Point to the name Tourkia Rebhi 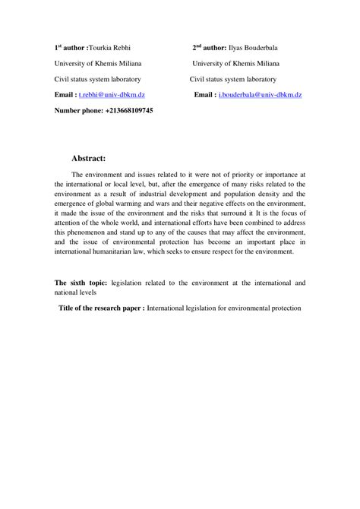111,47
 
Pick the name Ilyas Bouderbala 257,47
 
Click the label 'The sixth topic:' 81,282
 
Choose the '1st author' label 70,47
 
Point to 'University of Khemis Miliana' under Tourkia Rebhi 97,63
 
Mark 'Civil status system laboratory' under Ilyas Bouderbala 233,79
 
